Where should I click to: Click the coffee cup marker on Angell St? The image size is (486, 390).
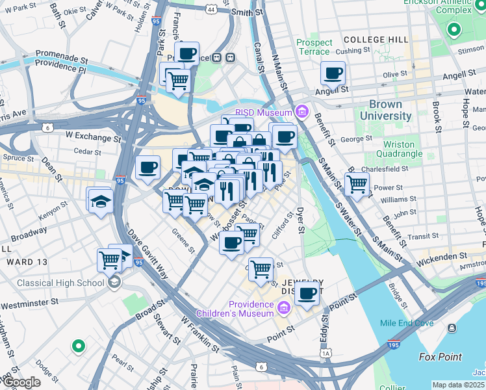333,73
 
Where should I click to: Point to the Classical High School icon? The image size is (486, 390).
115,282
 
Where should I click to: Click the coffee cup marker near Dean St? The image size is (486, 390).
147,168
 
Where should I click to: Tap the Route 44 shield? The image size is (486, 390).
211,10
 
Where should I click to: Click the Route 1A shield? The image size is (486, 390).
325,353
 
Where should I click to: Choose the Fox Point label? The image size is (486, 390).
441,357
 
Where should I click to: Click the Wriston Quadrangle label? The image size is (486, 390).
398,149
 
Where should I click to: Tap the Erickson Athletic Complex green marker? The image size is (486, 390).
454,29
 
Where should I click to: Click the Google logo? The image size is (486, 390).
21,382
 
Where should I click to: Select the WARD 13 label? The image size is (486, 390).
23,262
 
